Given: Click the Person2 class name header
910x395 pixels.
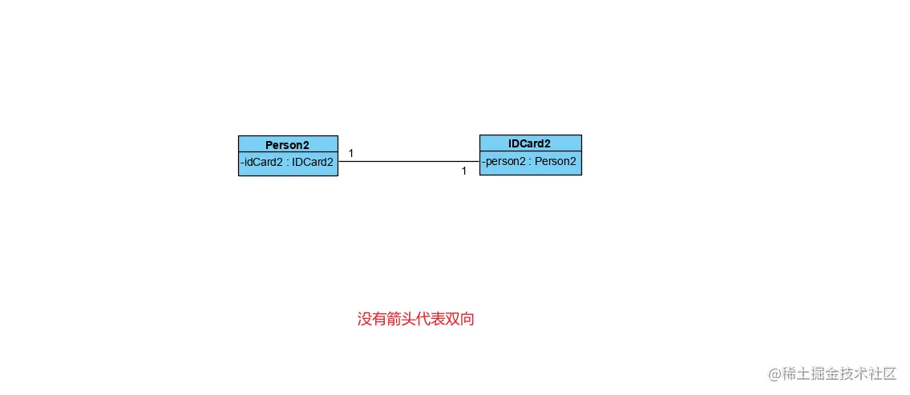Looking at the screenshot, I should pyautogui.click(x=287, y=145).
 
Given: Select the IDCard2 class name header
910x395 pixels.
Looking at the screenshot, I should pyautogui.click(x=529, y=144).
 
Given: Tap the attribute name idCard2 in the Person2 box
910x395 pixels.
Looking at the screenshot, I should pyautogui.click(x=263, y=162).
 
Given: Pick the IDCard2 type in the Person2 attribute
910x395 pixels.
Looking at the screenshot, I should pyautogui.click(x=312, y=162).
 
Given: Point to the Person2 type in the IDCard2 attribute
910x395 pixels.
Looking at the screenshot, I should pyautogui.click(x=555, y=161).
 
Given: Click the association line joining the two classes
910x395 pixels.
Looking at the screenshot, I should pyautogui.click(x=409, y=162).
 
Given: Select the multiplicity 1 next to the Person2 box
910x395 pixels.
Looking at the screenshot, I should pyautogui.click(x=351, y=153).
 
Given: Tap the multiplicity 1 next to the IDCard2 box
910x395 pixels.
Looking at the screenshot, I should pyautogui.click(x=463, y=171).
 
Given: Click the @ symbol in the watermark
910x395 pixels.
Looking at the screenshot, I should pyautogui.click(x=775, y=374).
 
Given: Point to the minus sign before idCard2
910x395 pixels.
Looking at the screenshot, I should pyautogui.click(x=242, y=162).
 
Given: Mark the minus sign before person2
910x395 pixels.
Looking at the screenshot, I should pyautogui.click(x=483, y=161).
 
